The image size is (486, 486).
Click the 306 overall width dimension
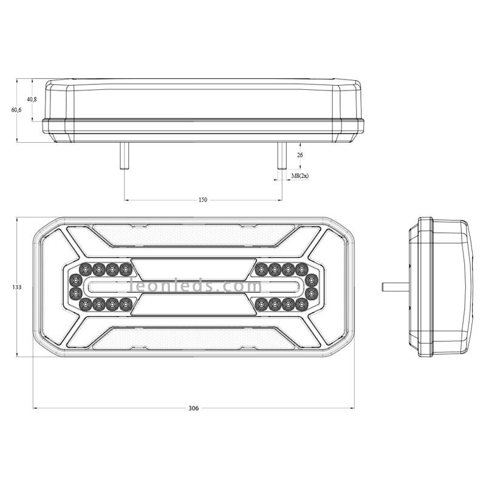tap(193, 408)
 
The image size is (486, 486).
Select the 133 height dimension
tap(17, 287)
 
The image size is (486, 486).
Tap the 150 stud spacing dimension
tap(203, 200)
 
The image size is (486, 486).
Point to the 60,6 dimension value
tap(16, 110)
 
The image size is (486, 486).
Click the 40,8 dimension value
tap(32, 100)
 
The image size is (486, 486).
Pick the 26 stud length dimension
tap(299, 155)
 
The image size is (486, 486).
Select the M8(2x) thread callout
tap(300, 176)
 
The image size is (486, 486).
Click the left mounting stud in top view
tap(125, 156)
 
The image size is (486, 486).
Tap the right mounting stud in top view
tap(282, 156)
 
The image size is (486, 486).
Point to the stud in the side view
tap(396, 287)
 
